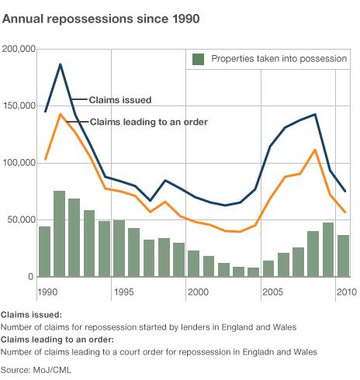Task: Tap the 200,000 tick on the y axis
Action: point(19,49)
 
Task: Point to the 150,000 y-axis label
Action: point(19,106)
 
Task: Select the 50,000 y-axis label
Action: point(21,220)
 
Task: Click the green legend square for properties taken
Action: point(199,59)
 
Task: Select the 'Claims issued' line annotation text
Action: point(119,100)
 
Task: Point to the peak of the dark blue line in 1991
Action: point(60,64)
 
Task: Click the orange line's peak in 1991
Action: point(60,114)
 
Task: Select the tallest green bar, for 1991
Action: point(59,233)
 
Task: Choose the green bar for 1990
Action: point(44,251)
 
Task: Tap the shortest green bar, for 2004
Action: point(254,272)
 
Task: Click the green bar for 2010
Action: point(343,256)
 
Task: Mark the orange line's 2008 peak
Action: point(314,150)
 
